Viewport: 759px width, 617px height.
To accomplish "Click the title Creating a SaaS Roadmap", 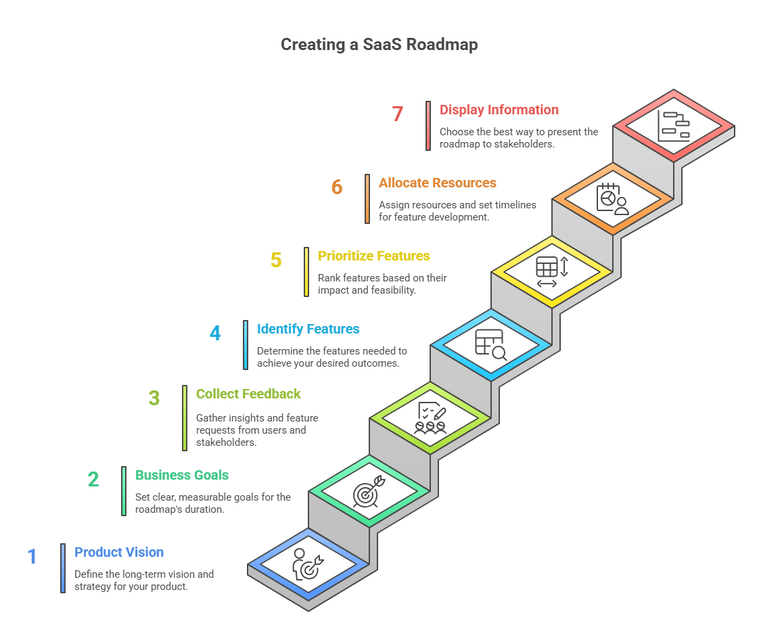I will tap(379, 45).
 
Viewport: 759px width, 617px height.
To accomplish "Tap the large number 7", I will tap(398, 114).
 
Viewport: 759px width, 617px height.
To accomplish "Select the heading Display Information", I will tap(499, 110).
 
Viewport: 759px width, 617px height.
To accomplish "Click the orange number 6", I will tap(337, 187).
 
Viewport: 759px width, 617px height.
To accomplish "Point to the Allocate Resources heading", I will tap(437, 183).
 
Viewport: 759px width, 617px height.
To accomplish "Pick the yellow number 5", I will tap(276, 260).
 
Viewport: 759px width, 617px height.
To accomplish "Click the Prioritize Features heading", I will tap(373, 256).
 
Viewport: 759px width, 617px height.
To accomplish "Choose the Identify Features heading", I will tap(308, 329).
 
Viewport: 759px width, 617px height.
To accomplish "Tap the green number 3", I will tap(154, 398).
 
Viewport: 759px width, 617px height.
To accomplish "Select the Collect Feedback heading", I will tap(248, 394).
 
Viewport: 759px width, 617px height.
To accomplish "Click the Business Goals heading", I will tap(182, 475).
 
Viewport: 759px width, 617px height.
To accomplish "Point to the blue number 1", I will tap(32, 557).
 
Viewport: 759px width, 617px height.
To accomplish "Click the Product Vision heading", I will tap(119, 552).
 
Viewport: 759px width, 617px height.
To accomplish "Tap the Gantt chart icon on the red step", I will tap(674, 126).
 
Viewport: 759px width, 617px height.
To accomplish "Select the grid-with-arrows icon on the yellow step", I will tap(552, 272).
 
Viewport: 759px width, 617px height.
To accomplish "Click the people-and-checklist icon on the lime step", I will tap(430, 418).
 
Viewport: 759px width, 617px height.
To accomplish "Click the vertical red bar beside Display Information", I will tap(428, 126).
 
